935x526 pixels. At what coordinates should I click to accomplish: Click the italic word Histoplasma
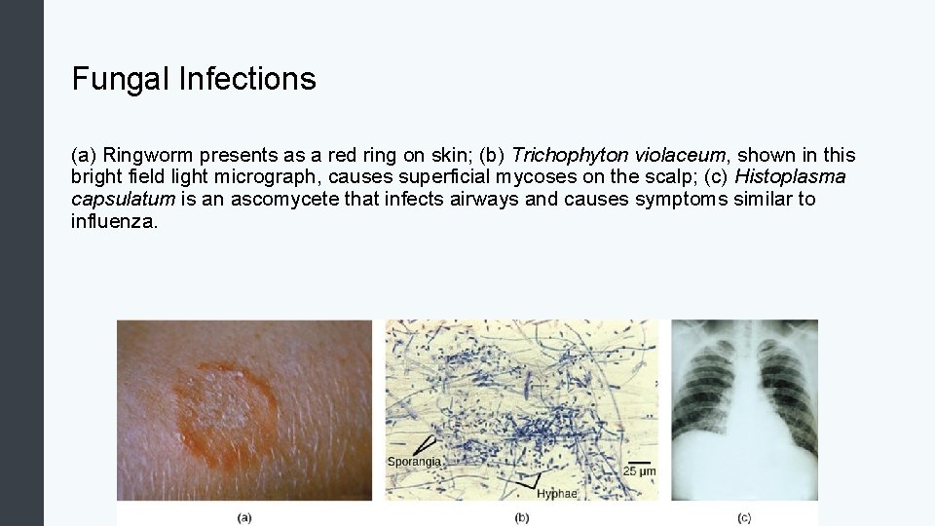(x=790, y=177)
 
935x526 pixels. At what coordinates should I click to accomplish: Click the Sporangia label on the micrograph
(x=415, y=461)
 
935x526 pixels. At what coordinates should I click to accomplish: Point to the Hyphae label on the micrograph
(x=556, y=494)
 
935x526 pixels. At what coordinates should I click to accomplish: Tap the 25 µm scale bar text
(x=640, y=471)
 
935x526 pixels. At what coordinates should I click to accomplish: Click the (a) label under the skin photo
(x=243, y=517)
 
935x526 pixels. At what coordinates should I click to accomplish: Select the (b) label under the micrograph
(x=521, y=517)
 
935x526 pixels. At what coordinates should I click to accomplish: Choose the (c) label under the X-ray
(x=744, y=517)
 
